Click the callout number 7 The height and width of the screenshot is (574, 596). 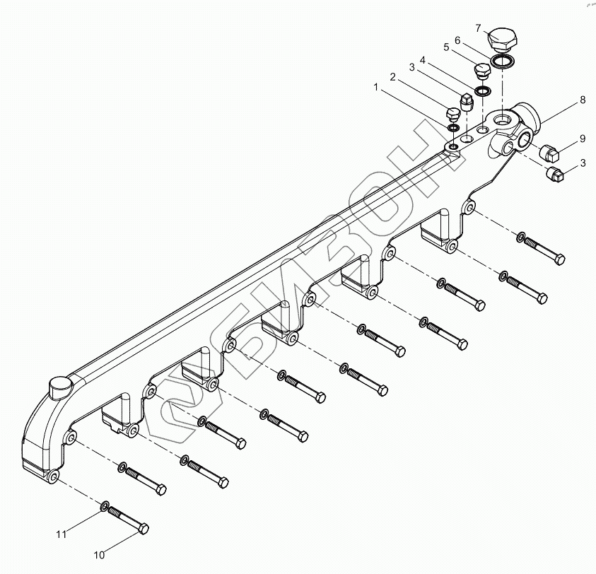coord(478,28)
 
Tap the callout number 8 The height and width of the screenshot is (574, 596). coord(582,100)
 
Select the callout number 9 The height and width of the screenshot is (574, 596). coord(582,137)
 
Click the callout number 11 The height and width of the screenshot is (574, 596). coord(62,534)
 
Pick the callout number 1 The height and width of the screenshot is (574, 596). coord(377,88)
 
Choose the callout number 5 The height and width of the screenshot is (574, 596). coord(446,47)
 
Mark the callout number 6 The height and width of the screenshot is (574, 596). coord(457,40)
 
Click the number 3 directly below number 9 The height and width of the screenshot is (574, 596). coord(582,163)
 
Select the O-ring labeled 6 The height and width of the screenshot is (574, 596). coord(503,61)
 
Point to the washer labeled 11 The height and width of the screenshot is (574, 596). coord(105,507)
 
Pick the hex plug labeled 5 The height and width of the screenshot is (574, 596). coord(482,73)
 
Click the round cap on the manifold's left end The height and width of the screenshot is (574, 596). coord(59,387)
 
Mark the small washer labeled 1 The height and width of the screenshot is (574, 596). coord(452,128)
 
